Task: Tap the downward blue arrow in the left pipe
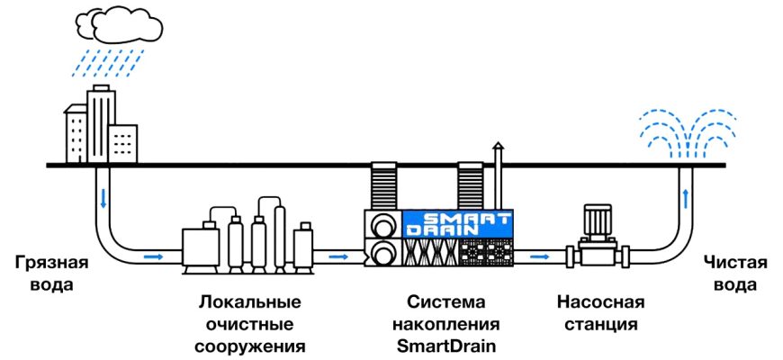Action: (103, 196)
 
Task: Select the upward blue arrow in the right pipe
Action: (688, 196)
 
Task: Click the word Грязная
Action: (52, 263)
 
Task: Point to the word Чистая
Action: (736, 263)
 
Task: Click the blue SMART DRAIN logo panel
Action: (457, 224)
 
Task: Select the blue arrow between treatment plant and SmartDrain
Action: (338, 257)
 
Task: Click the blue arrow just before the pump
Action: (539, 257)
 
